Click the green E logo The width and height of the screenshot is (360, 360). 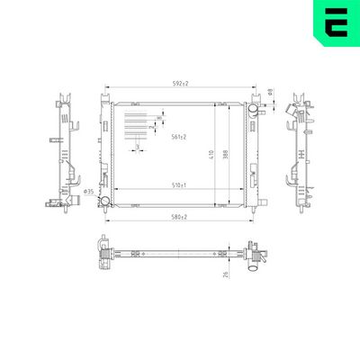tap(334, 25)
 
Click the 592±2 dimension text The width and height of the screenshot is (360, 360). tap(180, 83)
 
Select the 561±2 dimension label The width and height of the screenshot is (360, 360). tap(179, 137)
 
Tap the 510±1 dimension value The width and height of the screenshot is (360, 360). tap(179, 185)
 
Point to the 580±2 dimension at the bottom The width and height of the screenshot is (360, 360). tap(179, 217)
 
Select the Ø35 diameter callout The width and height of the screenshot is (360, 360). tap(88, 191)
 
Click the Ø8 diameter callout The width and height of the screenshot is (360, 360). tap(271, 90)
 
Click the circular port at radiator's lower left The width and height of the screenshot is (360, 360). tap(105, 201)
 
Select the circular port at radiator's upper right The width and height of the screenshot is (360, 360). tap(255, 110)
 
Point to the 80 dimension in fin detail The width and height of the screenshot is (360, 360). tap(158, 118)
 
